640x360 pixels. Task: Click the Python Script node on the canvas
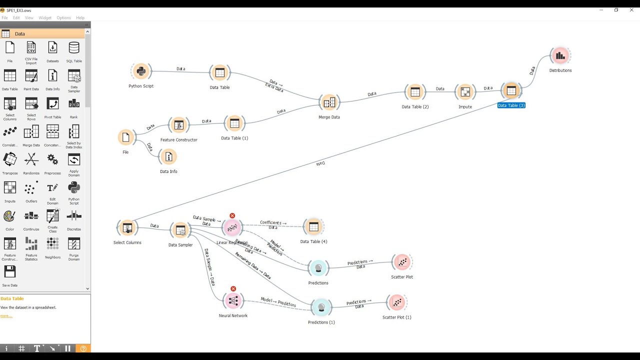tap(141, 71)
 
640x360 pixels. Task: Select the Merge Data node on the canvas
tap(329, 103)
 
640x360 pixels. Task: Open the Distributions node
tap(560, 56)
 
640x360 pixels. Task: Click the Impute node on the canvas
tap(465, 92)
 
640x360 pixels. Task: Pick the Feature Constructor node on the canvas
tap(179, 125)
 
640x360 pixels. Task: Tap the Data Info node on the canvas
tap(168, 157)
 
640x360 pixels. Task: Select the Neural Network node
tap(233, 300)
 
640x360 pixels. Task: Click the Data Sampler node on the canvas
tap(180, 230)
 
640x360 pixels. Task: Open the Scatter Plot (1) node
tap(397, 302)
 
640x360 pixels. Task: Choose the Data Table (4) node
tap(313, 227)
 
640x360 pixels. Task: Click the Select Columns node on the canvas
tap(127, 228)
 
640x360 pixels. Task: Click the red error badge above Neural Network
tap(233, 289)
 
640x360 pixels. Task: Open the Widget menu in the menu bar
tap(45, 18)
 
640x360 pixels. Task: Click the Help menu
tap(80, 18)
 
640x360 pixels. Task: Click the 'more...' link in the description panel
tap(6, 315)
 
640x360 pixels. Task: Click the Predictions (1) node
tap(321, 307)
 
